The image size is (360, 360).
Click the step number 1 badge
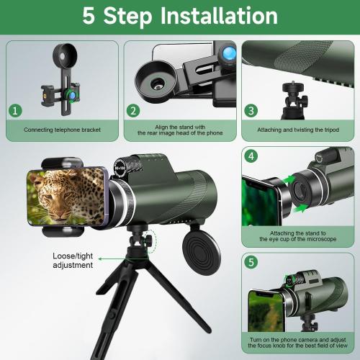pos(15,112)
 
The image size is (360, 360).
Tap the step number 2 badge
pos(133,111)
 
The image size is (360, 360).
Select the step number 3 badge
pos(251,111)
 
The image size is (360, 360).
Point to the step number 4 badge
pos(251,156)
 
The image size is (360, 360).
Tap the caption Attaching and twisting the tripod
pos(299,131)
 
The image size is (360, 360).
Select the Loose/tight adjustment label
pos(73,260)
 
